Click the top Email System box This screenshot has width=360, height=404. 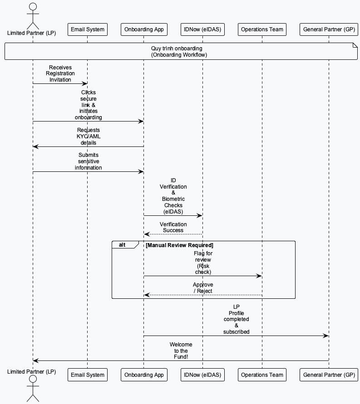[x=88, y=29]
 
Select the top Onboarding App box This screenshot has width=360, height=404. [x=144, y=29]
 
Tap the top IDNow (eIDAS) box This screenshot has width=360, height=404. [x=202, y=29]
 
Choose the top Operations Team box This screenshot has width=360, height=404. [x=262, y=29]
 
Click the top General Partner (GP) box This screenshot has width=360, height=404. [x=329, y=29]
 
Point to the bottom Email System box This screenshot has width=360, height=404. [x=88, y=375]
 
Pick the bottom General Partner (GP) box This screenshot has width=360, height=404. [x=329, y=375]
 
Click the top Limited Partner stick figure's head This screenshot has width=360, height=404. [x=32, y=7]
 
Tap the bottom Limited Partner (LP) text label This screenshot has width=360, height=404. [x=32, y=372]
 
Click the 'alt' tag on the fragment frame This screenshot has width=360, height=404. [x=123, y=245]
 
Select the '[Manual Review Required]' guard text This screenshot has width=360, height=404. [x=179, y=245]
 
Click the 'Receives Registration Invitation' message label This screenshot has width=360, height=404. [x=60, y=73]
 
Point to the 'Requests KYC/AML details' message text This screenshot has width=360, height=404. [x=89, y=136]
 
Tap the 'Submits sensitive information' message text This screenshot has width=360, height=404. [x=89, y=161]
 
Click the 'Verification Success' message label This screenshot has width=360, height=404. [x=173, y=227]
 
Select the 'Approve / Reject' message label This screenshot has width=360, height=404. [x=202, y=288]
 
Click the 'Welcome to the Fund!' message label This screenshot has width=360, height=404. [x=181, y=351]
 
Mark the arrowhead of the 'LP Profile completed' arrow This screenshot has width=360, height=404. [x=326, y=336]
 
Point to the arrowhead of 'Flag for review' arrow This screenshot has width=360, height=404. [x=259, y=276]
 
